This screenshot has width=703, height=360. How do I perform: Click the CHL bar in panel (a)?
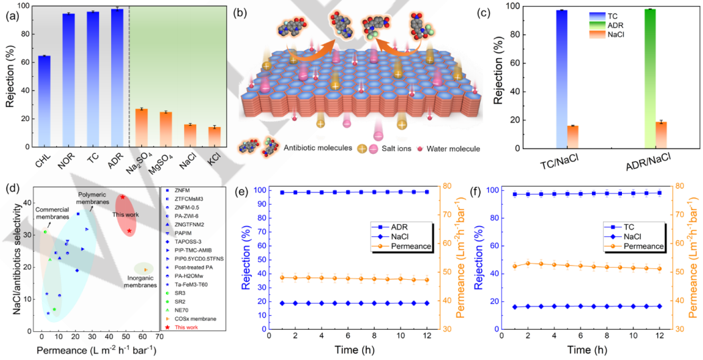click(44, 101)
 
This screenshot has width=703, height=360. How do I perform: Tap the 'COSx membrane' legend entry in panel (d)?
click(198, 318)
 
